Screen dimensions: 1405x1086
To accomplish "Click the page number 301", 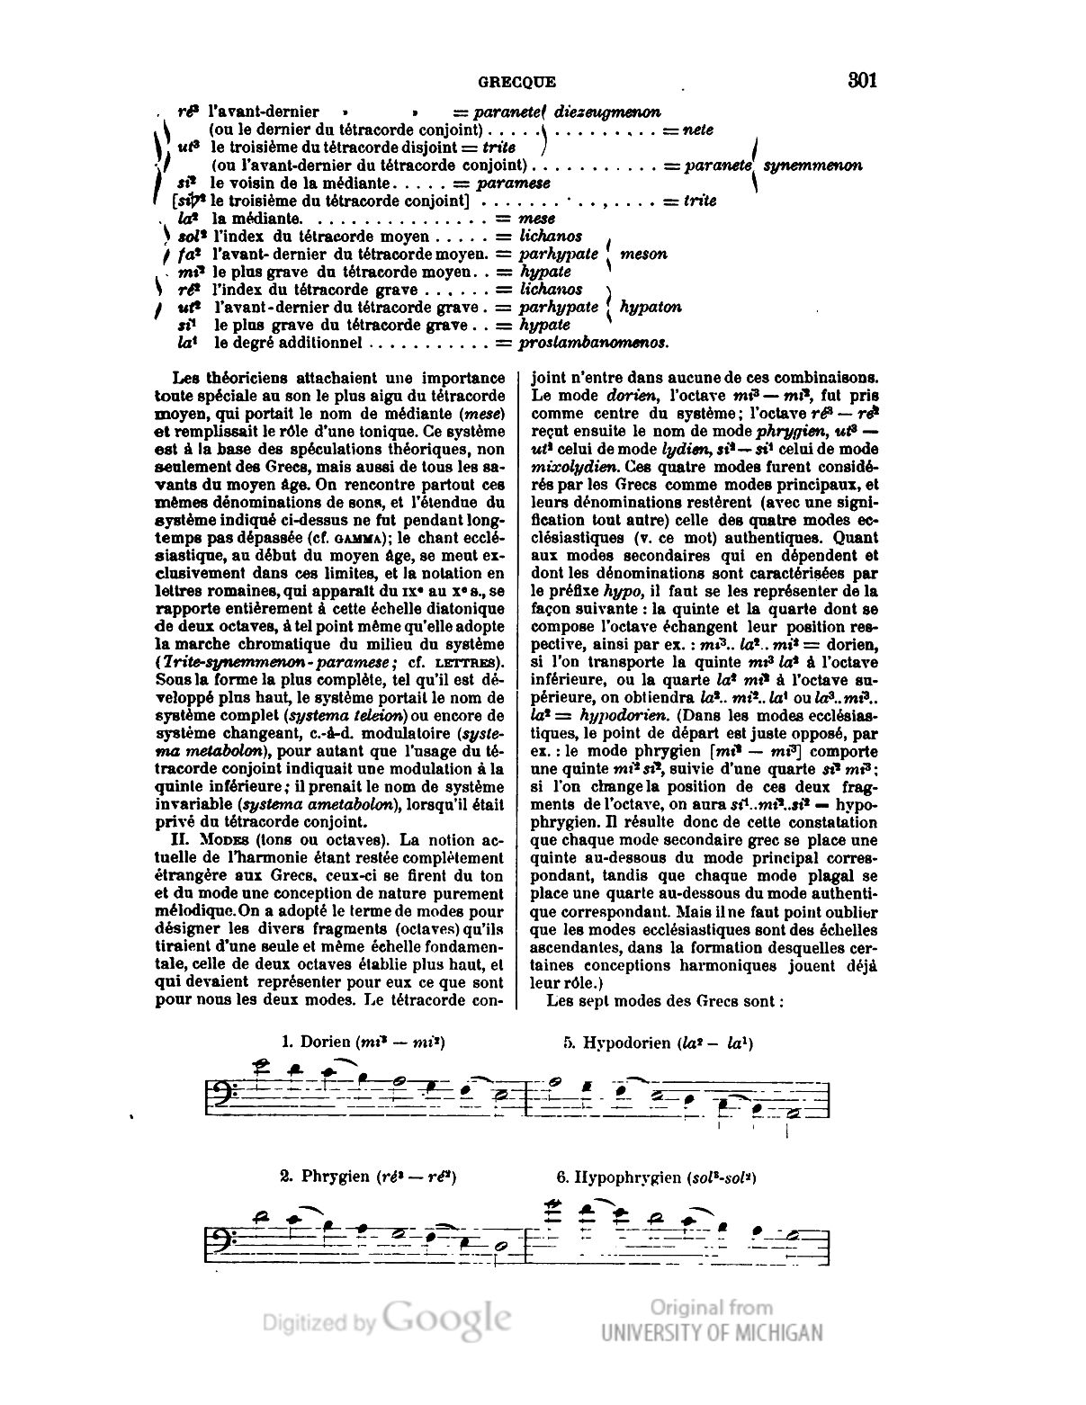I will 861,80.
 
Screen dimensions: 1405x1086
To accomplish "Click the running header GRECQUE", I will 516,82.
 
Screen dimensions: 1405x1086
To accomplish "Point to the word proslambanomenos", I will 593,343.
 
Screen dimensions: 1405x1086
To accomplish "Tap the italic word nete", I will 698,130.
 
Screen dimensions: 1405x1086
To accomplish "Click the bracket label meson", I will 644,254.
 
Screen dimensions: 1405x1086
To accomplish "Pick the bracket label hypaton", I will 651,307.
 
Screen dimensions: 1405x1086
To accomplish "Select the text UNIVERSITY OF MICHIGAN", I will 712,1333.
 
